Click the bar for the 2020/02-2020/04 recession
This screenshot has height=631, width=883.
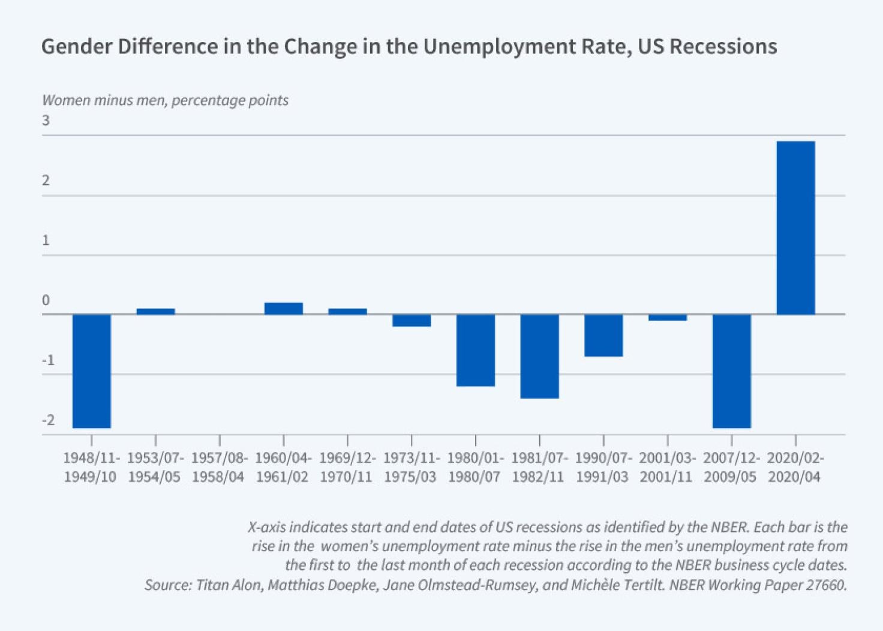coord(795,228)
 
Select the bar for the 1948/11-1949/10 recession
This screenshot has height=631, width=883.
coord(92,371)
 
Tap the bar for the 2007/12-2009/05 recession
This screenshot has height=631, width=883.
coord(731,371)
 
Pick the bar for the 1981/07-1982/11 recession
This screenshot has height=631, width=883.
coord(539,356)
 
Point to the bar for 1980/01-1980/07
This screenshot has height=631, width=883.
coord(476,350)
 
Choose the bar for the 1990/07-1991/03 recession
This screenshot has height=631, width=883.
coord(603,335)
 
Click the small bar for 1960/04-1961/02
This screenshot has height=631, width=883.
coord(284,309)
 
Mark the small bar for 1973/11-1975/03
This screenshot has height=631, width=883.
coord(412,321)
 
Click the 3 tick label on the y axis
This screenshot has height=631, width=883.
coord(46,121)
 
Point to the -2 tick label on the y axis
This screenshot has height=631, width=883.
coord(48,420)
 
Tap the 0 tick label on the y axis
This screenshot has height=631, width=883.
coord(46,301)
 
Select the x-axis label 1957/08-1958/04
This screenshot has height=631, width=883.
coord(219,468)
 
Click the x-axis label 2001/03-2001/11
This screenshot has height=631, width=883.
coord(667,468)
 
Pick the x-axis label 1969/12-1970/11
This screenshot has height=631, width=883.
coord(347,468)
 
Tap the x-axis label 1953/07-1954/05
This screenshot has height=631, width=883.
coord(155,468)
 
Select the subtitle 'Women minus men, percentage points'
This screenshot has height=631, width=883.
coord(165,100)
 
